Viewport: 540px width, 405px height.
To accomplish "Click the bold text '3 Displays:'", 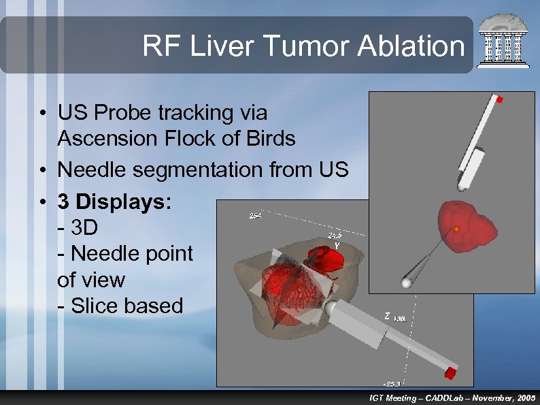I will pyautogui.click(x=115, y=202).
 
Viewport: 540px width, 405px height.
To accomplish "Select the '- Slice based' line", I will pyautogui.click(x=120, y=306).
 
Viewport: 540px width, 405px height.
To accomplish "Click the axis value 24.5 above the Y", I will pyautogui.click(x=335, y=236).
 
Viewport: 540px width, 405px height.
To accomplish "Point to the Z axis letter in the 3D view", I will pyautogui.click(x=387, y=316).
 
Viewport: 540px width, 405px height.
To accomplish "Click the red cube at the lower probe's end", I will pyautogui.click(x=450, y=372).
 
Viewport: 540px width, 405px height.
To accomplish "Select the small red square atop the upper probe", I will pyautogui.click(x=499, y=99).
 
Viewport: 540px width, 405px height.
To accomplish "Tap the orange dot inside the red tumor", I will pyautogui.click(x=457, y=229).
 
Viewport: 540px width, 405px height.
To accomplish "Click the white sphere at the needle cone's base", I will pyautogui.click(x=407, y=282).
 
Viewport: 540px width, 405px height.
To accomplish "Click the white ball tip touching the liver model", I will pyautogui.click(x=332, y=308).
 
